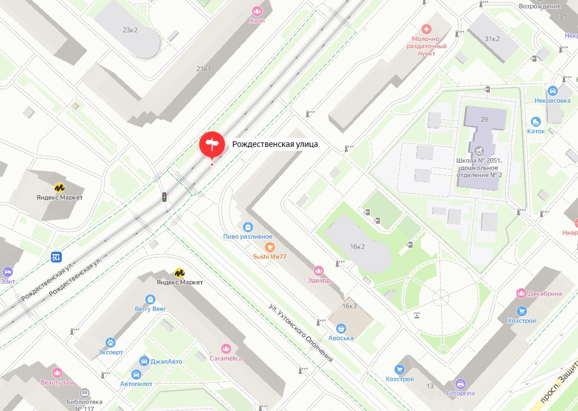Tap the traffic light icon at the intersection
point(164,197)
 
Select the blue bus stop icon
point(56,257)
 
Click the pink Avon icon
point(257,11)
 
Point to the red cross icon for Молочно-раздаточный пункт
point(426,29)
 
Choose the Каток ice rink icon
point(536,122)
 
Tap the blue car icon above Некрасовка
point(552,90)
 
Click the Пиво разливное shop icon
point(247,227)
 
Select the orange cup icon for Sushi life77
point(269,247)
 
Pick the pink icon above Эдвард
point(319,271)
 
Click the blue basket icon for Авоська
point(341,329)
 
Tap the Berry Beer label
point(150,308)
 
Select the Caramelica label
point(226,358)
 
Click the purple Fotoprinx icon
point(460,384)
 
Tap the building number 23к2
point(130,30)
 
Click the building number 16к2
point(357,246)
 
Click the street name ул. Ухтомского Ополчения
point(300,334)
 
